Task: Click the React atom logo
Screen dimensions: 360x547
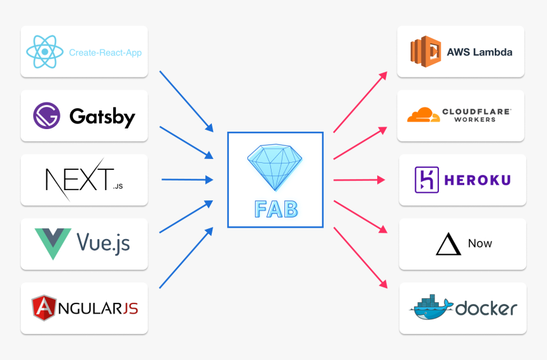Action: coord(45,52)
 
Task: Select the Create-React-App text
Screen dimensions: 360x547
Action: coord(105,53)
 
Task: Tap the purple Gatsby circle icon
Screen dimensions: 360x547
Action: coord(46,116)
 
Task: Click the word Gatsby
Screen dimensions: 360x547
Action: coord(102,117)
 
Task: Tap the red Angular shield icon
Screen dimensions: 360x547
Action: coord(44,308)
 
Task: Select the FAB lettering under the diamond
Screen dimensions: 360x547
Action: coord(275,208)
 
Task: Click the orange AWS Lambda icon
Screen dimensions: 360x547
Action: coord(426,52)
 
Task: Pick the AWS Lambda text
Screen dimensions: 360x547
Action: coord(480,52)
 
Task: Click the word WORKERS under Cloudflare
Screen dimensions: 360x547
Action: coord(476,120)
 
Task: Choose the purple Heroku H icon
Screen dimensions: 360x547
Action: coord(426,180)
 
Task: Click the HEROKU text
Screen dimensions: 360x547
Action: coord(479,180)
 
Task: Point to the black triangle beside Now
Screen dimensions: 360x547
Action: coord(448,244)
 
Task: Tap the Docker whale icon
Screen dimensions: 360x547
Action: coord(431,307)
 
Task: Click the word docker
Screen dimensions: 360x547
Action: coord(487,308)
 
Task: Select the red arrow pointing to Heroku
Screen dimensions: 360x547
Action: coord(359,180)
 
